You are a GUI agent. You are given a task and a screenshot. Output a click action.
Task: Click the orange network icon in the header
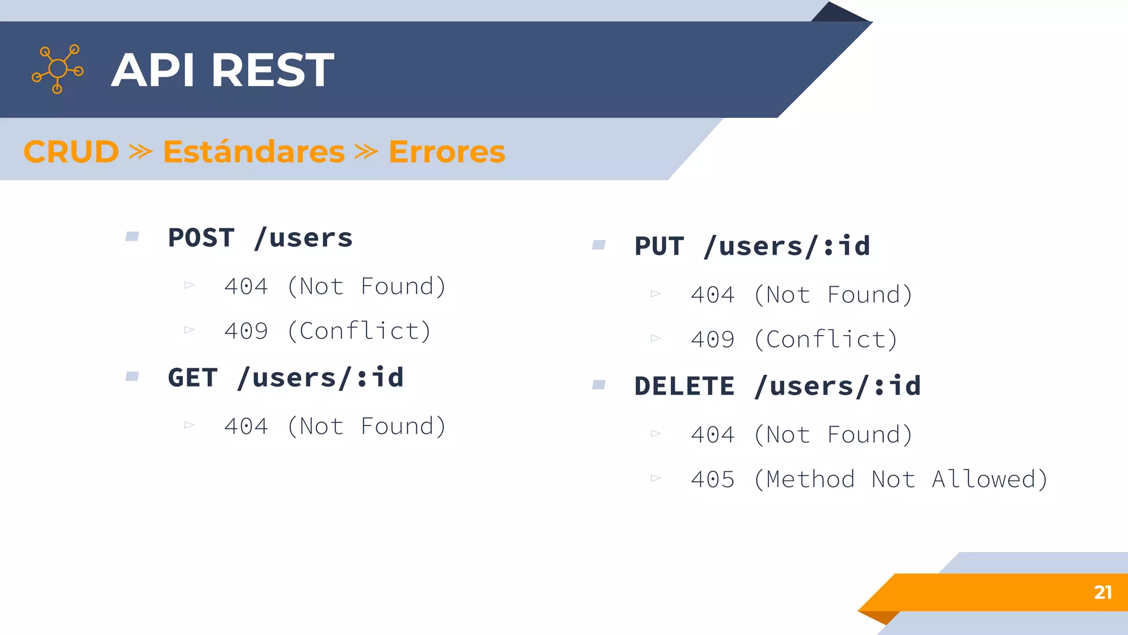click(58, 69)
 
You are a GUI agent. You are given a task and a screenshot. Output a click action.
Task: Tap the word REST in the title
click(273, 70)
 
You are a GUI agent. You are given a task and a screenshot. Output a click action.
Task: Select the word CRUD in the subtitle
click(71, 152)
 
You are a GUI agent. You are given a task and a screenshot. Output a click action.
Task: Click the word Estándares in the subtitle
click(254, 152)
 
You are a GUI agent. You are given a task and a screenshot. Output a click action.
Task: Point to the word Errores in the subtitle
click(447, 152)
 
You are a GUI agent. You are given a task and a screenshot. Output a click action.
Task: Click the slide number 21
click(1103, 592)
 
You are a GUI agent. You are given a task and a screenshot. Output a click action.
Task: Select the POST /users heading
click(260, 238)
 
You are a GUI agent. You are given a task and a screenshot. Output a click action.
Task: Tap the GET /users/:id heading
click(285, 378)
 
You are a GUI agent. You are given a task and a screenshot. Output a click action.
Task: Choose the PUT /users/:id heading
click(752, 246)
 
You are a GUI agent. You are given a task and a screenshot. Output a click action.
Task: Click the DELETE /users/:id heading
click(777, 386)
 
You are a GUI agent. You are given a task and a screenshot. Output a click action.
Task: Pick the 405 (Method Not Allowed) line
click(869, 480)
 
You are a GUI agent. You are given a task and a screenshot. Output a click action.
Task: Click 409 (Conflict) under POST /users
click(328, 331)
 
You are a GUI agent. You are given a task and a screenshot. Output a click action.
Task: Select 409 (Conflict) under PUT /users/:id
click(794, 340)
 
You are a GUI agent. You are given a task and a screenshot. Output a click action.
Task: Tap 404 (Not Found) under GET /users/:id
click(335, 427)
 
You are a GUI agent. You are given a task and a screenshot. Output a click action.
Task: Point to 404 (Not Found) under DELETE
click(801, 435)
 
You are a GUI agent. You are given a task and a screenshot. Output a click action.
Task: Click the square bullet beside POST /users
click(132, 237)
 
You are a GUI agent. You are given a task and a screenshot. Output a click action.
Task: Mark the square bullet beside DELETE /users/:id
click(599, 385)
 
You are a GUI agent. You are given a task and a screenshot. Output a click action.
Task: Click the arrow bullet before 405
click(655, 478)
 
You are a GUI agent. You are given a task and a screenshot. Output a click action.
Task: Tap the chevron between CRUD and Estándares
click(140, 152)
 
